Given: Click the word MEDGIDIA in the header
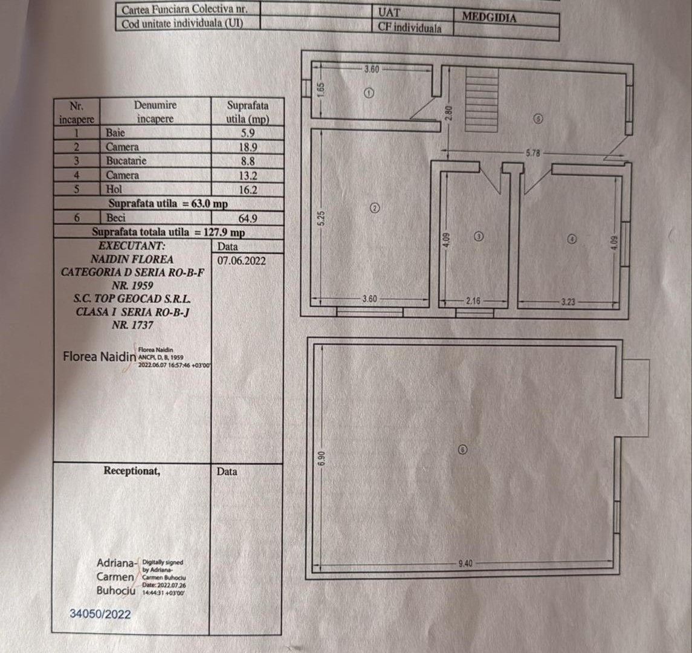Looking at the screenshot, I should click(489, 17).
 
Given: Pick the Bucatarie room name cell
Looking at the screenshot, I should click(126, 161).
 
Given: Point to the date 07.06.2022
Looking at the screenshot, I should click(241, 260).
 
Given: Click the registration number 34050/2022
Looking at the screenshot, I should click(100, 614).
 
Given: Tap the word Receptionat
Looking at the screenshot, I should click(132, 470).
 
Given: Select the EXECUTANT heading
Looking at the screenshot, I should click(132, 246).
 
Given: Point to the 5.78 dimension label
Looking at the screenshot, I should click(532, 154).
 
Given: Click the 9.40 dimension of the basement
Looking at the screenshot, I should click(465, 564).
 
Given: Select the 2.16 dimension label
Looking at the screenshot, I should click(473, 300).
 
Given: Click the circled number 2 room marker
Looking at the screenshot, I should click(374, 209).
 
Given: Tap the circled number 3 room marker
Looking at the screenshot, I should click(479, 237).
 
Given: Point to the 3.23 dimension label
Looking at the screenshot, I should click(568, 300).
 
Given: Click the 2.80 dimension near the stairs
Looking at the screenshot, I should click(448, 112).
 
